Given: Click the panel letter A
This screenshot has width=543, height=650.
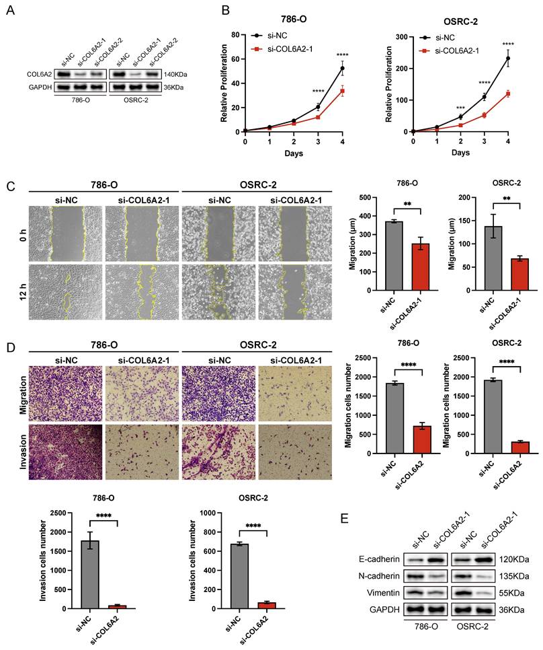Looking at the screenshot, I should point(11,11).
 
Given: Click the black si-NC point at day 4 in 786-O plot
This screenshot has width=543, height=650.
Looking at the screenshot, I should point(343,68).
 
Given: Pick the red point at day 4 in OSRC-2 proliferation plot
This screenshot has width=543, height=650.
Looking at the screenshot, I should point(508,94).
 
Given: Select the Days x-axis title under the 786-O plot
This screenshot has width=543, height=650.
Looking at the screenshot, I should point(294,153).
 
